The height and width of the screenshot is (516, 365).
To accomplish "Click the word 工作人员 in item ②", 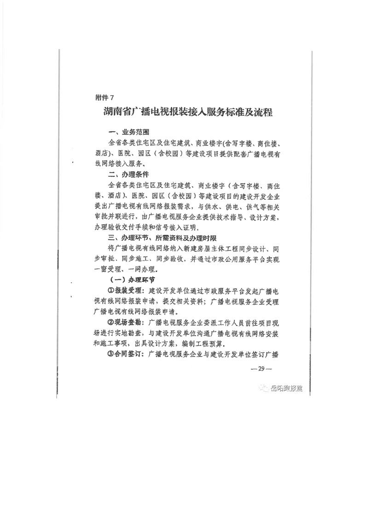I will pyautogui.click(x=227, y=323).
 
